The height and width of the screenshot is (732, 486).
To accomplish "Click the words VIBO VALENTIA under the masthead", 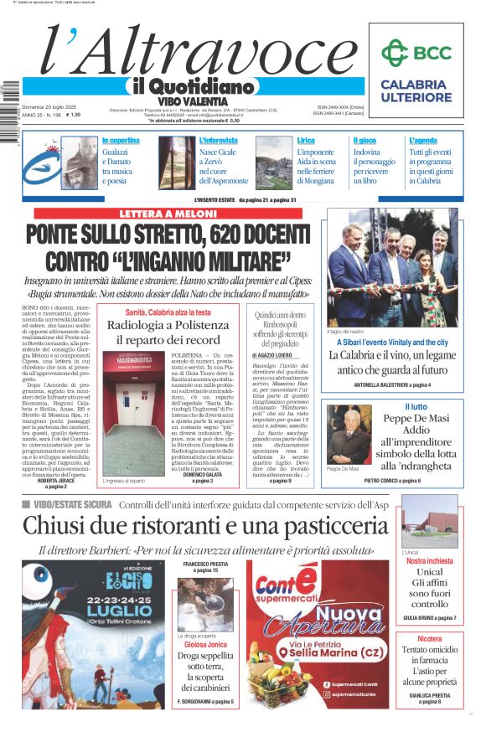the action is click(191, 101).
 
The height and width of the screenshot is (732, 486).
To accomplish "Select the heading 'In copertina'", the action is click(121, 140).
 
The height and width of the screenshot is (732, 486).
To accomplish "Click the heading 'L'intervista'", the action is click(219, 140).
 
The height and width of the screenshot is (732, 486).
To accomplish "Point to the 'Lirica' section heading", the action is click(306, 140).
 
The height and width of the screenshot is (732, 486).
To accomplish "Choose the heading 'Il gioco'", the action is click(364, 140).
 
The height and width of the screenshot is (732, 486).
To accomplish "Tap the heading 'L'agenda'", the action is click(423, 140).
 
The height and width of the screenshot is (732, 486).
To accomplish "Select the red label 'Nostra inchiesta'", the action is click(429, 561).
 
